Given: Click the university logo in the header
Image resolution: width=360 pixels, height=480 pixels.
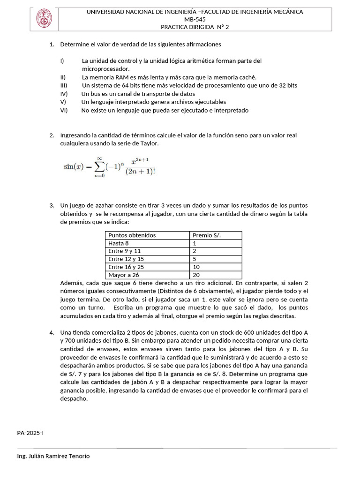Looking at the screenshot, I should click(45, 19).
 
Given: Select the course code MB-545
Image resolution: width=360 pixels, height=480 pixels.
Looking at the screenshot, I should click(195, 19).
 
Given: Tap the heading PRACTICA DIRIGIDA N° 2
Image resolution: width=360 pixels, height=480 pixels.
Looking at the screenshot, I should click(195, 27).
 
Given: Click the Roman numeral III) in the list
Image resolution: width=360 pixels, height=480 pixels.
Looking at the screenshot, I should click(64, 85).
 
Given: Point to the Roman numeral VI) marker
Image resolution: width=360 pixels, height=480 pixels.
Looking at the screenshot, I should click(64, 111).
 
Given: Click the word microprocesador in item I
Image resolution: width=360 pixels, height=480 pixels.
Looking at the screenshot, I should click(105, 69).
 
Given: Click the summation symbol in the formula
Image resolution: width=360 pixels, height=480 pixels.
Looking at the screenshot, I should click(98, 167).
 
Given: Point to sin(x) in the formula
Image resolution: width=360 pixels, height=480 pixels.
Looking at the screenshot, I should click(75, 167).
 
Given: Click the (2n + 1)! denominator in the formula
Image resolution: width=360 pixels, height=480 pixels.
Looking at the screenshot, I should click(141, 172).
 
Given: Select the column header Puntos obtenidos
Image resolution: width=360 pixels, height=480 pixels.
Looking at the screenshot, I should click(132, 235).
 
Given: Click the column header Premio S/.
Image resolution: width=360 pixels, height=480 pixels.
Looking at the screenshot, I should click(207, 235).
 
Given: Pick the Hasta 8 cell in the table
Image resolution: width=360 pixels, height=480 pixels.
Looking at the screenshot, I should click(118, 243).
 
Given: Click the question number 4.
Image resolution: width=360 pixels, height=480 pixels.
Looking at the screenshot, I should click(52, 332).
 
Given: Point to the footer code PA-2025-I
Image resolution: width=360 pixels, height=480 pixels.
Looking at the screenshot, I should click(30, 433).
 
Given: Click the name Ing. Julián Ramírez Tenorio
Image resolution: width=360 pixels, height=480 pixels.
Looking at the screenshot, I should click(53, 456).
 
